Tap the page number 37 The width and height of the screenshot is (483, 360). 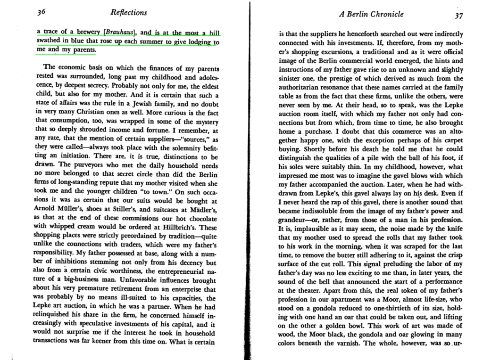point(458,15)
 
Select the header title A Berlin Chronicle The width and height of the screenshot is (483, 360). point(371,14)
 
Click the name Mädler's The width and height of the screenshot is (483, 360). point(202,209)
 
